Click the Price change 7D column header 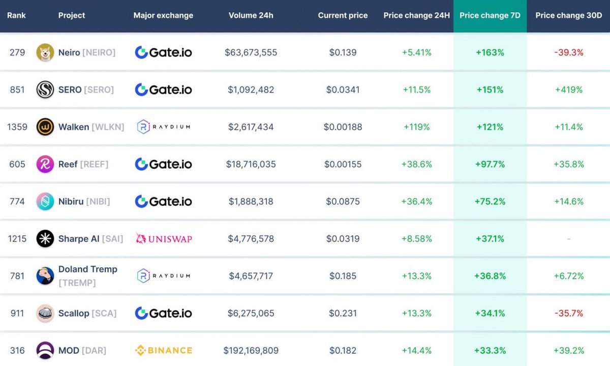point(490,15)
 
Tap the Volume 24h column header point(251,15)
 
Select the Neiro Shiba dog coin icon point(45,52)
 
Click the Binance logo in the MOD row point(164,350)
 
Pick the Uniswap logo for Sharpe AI point(164,239)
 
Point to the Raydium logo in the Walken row point(164,127)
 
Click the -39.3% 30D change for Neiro point(569,52)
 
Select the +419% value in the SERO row point(569,90)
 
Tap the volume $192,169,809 point(251,350)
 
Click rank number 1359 point(17,127)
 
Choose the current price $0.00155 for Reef point(343,164)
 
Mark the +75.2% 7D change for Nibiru point(490,202)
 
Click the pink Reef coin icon point(45,164)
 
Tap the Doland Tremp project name point(87,269)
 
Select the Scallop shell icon point(45,313)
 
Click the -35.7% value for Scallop point(569,313)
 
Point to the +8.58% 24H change point(417,239)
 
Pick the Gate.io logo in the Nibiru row point(164,201)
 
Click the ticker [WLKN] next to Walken point(108,127)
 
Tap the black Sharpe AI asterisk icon point(45,239)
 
